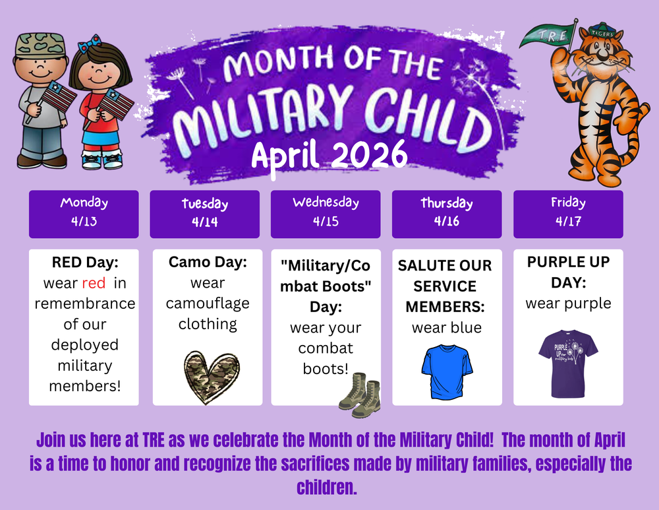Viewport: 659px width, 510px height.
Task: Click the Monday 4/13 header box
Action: pos(84,214)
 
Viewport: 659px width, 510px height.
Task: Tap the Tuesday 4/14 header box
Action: pos(205,214)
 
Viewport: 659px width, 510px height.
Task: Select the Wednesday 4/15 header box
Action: pos(326,214)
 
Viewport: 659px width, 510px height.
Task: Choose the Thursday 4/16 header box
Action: pos(447,214)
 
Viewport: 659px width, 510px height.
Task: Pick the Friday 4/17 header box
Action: pos(568,214)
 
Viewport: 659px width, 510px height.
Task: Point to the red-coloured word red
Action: pos(94,283)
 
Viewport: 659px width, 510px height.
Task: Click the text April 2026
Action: pos(329,155)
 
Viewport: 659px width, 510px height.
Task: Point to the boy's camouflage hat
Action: pos(40,46)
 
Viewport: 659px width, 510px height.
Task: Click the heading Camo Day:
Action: pos(208,262)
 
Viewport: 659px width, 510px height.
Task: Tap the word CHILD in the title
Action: pos(425,117)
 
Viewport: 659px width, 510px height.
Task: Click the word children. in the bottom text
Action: pos(327,488)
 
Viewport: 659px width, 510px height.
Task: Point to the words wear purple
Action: pos(568,303)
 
